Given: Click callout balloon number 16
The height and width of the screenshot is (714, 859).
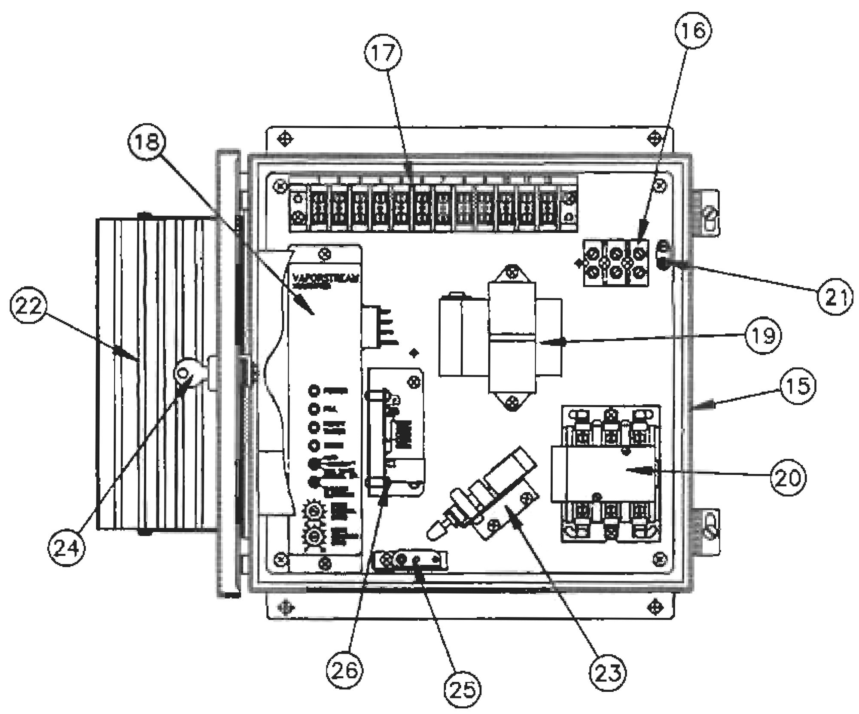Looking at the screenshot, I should point(693,31).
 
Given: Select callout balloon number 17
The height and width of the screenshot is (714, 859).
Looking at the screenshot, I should point(383,53).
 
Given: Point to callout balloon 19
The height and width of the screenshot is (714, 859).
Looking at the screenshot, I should point(763,336).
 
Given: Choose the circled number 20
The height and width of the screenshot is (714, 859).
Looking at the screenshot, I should point(788,477).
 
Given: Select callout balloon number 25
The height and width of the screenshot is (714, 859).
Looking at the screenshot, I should point(463,690).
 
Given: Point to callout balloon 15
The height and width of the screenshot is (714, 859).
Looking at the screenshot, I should point(798,385).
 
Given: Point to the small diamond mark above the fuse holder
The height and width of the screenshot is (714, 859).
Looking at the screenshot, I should point(414,353).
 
